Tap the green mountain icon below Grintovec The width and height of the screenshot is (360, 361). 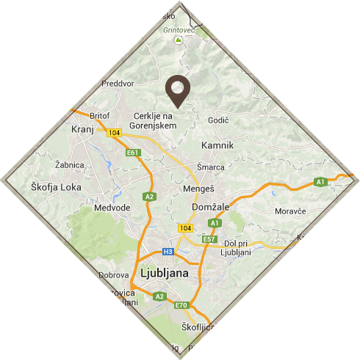click(176, 42)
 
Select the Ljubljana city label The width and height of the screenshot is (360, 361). click(163, 273)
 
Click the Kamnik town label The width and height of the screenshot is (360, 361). click(217, 145)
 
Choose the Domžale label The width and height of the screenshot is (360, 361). click(212, 208)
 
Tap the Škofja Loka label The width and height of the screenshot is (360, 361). click(57, 187)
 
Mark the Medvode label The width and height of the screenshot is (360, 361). click(112, 208)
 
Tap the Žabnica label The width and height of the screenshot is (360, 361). click(70, 165)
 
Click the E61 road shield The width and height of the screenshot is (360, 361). click(132, 153)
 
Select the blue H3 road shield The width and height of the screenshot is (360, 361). click(168, 252)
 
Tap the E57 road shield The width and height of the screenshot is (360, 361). click(209, 239)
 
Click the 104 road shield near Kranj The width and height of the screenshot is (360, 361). click(113, 133)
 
